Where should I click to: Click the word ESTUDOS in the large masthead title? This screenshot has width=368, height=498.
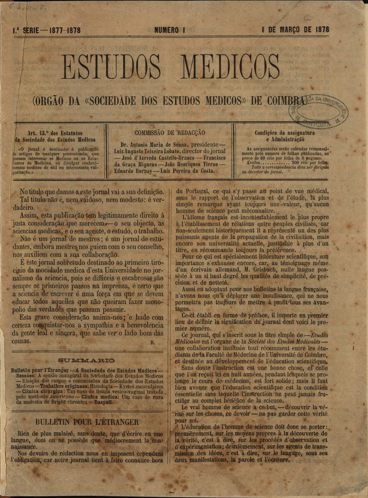[x=117, y=68]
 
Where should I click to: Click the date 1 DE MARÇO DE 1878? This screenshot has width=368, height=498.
[x=295, y=30]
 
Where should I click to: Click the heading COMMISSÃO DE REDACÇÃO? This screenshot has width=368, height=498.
[x=170, y=132]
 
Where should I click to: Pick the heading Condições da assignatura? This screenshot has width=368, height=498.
[x=284, y=133]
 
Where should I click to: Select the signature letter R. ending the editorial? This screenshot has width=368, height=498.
[x=152, y=342]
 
